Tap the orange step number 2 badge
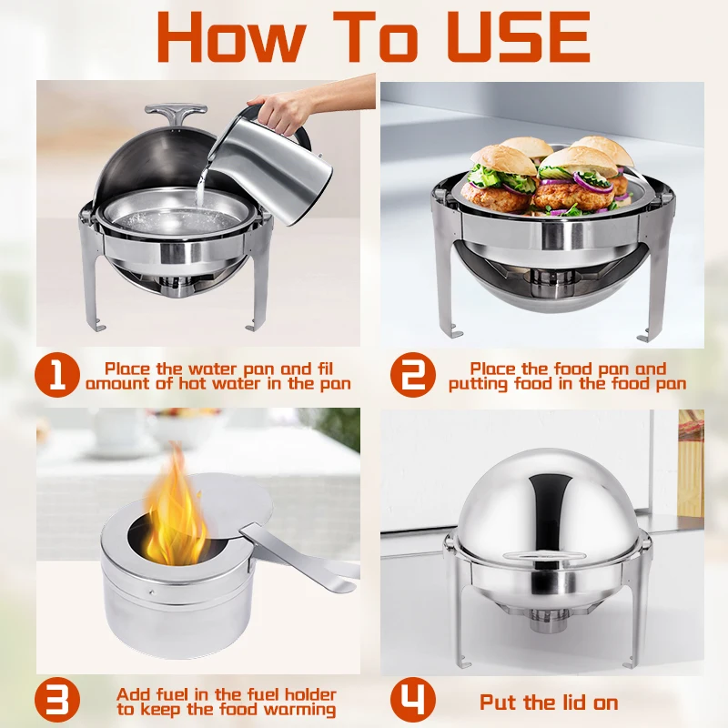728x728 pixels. point(414,376)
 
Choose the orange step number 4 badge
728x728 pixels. point(414,702)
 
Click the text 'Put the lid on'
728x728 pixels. point(549,703)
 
